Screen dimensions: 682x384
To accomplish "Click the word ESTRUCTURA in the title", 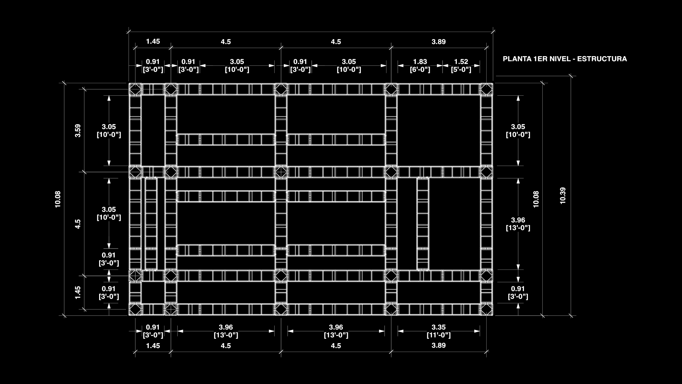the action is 602,59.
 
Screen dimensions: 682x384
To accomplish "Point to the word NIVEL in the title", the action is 559,59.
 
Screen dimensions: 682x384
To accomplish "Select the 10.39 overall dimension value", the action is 563,196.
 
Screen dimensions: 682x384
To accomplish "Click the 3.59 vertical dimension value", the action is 78,130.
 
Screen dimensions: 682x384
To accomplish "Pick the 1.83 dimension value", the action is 420,62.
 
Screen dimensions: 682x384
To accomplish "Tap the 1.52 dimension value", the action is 461,62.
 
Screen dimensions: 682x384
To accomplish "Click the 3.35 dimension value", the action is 439,327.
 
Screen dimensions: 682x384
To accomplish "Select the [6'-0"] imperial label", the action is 420,69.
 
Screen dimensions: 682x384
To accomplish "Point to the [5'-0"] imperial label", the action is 461,69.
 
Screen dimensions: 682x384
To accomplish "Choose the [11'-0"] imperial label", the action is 439,335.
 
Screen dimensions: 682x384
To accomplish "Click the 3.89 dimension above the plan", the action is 439,42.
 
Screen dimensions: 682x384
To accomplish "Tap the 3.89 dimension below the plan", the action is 439,345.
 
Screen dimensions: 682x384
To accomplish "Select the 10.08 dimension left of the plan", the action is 58,199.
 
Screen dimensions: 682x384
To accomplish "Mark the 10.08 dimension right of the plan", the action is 536,199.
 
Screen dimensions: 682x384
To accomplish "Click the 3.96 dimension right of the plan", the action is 518,220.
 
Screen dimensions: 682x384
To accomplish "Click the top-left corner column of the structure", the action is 135,89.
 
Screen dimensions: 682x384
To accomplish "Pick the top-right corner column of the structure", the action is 487,89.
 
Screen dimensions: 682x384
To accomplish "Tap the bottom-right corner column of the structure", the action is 487,309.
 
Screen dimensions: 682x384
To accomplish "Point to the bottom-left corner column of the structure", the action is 135,309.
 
